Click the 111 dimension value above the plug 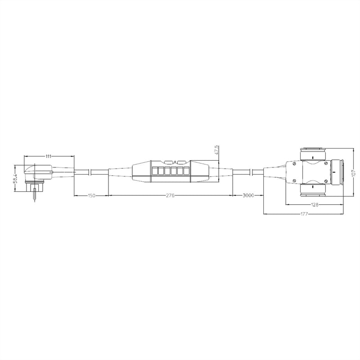coord(48,156)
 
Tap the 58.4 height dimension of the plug coord(16,178)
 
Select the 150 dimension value coord(91,196)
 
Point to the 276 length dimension coord(170,196)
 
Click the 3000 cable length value coord(248,195)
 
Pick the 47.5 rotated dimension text coord(217,150)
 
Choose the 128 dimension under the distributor coord(315,204)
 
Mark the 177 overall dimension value coord(304,214)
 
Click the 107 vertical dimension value coord(354,173)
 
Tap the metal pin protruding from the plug coord(35,195)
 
